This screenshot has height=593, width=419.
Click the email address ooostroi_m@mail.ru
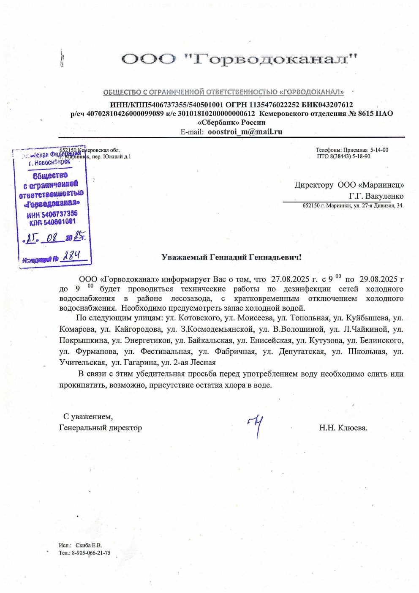[245, 132]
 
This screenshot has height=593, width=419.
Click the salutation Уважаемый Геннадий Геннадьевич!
[232, 257]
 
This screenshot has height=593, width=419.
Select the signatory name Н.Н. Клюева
[343, 428]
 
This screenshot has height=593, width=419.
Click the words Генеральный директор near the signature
[101, 428]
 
